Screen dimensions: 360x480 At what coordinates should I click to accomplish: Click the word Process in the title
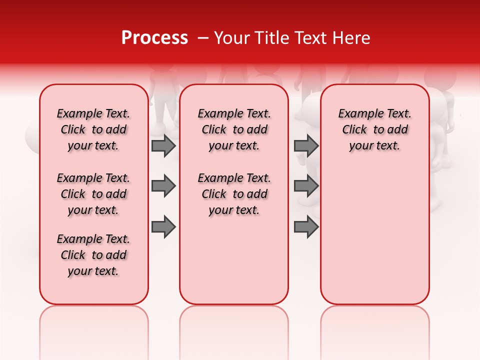pyautogui.click(x=154, y=38)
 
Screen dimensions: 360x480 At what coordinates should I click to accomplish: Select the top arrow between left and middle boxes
pyautogui.click(x=163, y=145)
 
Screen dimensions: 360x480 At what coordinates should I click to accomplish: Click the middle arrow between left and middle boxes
pyautogui.click(x=163, y=186)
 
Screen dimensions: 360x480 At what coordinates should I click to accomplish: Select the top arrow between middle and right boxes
pyautogui.click(x=306, y=145)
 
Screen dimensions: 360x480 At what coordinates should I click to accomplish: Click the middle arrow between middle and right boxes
pyautogui.click(x=306, y=186)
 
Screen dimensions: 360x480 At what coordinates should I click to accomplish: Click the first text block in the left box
pyautogui.click(x=93, y=129)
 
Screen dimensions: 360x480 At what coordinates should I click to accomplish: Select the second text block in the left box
pyautogui.click(x=93, y=194)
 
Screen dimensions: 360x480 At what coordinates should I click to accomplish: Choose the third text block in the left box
pyautogui.click(x=93, y=255)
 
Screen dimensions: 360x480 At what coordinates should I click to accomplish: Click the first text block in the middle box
pyautogui.click(x=234, y=129)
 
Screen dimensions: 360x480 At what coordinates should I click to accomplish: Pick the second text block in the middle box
pyautogui.click(x=234, y=194)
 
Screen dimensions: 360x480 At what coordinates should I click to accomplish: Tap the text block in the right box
pyautogui.click(x=374, y=129)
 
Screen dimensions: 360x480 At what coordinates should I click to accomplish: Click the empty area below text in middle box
pyautogui.click(x=234, y=260)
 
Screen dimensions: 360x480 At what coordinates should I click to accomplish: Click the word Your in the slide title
pyautogui.click(x=230, y=38)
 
